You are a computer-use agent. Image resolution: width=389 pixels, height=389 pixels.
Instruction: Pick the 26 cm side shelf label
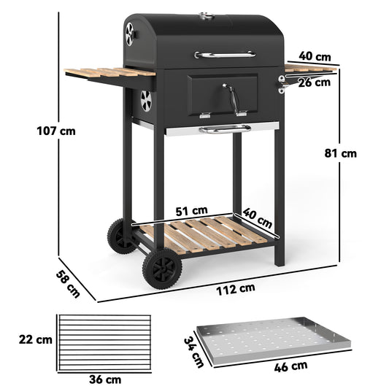coord(315,82)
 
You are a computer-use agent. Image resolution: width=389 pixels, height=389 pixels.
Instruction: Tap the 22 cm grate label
coord(35,339)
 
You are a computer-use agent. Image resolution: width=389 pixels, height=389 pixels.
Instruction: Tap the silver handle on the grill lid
coord(225,54)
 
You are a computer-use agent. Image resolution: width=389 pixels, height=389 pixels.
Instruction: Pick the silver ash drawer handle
coord(226,129)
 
